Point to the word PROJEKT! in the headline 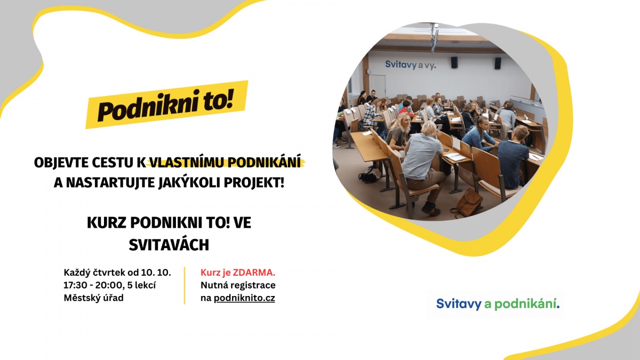[254, 183]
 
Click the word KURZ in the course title [106, 223]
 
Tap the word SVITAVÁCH [169, 245]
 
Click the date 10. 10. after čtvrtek [156, 273]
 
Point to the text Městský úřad [93, 298]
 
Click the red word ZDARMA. [254, 273]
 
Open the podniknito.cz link [244, 298]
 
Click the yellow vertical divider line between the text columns [185, 285]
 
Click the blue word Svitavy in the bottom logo [459, 304]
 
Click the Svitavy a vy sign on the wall [411, 65]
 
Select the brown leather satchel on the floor [469, 203]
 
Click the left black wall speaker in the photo [454, 62]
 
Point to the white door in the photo [378, 86]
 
